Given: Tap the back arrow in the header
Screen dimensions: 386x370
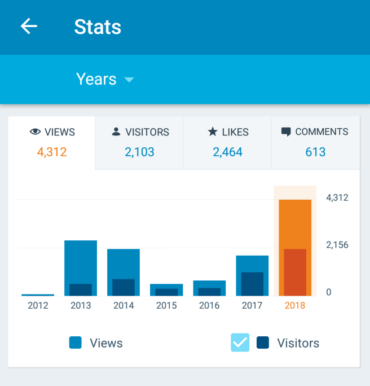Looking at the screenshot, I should coord(29,27).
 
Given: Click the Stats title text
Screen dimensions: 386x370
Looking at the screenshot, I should coord(98,27).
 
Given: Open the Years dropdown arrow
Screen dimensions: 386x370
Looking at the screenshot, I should coord(129,80).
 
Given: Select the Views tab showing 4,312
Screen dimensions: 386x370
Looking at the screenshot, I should coord(52,142).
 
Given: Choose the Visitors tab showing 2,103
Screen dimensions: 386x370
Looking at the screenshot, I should coord(139,142).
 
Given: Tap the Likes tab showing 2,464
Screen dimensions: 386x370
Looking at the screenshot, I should coord(227,142).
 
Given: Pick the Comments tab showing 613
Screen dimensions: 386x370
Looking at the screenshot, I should coord(315,142).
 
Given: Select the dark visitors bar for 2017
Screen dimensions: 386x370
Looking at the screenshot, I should coord(252,284).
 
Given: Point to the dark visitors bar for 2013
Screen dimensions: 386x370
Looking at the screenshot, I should coord(81,289).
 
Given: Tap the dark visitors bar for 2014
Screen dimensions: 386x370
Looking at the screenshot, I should coord(124,287).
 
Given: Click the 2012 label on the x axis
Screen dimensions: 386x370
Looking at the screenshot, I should coord(38,305).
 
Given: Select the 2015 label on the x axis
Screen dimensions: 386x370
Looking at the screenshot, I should coord(166,305).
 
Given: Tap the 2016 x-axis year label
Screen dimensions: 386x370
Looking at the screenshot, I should coord(209,305).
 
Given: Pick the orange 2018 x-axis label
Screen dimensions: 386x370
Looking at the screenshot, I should coord(295,305).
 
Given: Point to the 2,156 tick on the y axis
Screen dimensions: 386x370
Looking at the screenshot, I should coord(337,245).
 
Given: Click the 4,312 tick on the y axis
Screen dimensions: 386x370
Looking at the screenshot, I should coord(337,198).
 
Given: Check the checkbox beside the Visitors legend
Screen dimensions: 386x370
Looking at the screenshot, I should coord(240,343).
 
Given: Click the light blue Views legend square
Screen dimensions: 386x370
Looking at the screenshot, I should coord(76,343).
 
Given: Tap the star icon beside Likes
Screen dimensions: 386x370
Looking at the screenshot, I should coord(213,131).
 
